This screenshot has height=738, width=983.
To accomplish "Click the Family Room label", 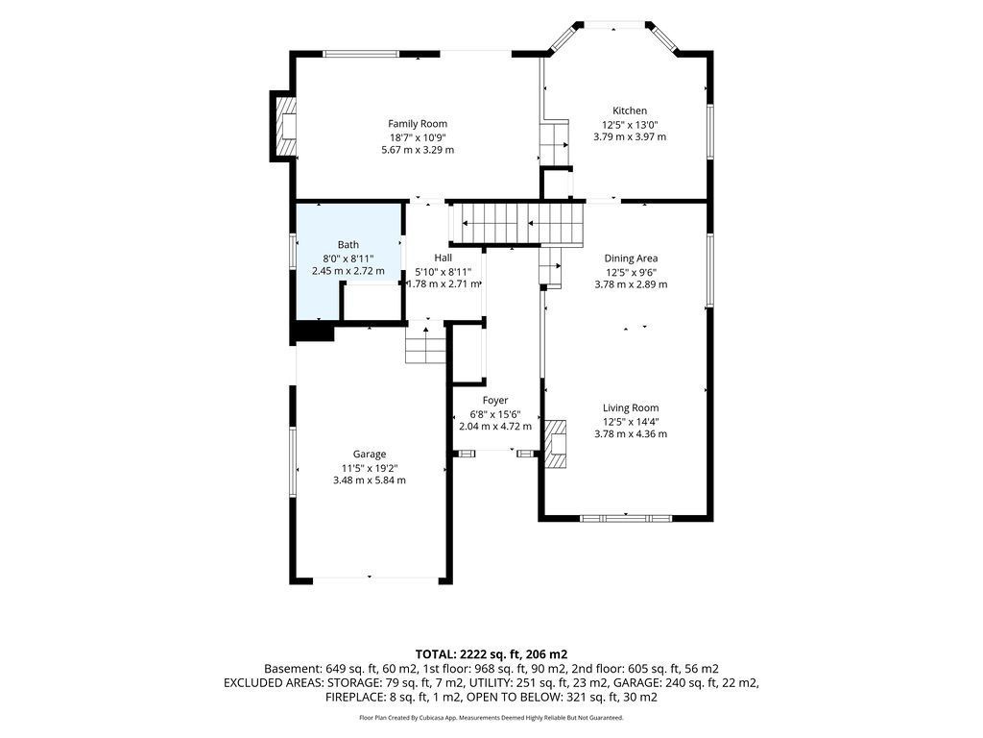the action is pos(418,124).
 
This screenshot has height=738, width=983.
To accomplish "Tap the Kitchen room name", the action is pos(630,111).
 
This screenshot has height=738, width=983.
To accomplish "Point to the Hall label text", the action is pos(444,258).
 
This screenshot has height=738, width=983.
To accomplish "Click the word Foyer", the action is pos(495,400).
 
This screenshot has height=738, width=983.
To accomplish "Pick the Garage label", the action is pos(370,454).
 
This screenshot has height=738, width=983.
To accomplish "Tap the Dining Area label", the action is pos(631,258).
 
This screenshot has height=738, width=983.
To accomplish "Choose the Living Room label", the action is pos(631,407).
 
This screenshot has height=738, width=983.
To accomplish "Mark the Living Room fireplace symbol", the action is pos(556,444).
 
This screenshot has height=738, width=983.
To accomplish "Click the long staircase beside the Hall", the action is pos(517,223).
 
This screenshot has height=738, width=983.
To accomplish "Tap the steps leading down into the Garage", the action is pos(425,345).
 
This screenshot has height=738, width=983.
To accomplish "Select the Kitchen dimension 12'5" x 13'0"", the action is pos(630,124).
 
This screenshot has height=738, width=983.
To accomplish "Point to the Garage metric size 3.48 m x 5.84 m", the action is pos(370,480).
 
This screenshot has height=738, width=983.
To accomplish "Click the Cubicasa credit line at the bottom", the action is pos(491,717).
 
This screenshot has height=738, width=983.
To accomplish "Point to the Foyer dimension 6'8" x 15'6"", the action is pos(495,414).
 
